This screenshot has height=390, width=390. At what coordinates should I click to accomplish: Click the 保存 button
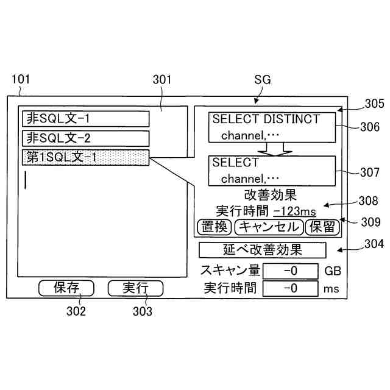click(66, 288)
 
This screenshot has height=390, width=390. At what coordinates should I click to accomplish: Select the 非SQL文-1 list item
click(85, 118)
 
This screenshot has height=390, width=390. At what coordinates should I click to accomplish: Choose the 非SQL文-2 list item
click(85, 138)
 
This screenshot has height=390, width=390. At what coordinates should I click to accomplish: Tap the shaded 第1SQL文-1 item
click(85, 157)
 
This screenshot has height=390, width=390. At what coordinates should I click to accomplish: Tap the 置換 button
click(214, 227)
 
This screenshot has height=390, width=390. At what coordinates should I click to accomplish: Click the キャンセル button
click(268, 227)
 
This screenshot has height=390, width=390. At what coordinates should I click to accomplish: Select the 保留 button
click(322, 227)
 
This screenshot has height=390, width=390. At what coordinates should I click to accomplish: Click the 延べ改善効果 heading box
click(263, 250)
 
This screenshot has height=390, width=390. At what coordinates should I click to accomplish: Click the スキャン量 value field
click(291, 271)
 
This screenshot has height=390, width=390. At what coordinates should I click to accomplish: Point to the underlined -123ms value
click(294, 211)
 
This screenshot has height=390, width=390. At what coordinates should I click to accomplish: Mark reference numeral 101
click(20, 79)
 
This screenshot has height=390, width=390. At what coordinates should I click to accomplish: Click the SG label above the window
click(261, 80)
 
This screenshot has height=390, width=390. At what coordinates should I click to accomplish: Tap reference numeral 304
click(373, 244)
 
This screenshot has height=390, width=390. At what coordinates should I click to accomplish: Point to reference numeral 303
click(143, 311)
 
